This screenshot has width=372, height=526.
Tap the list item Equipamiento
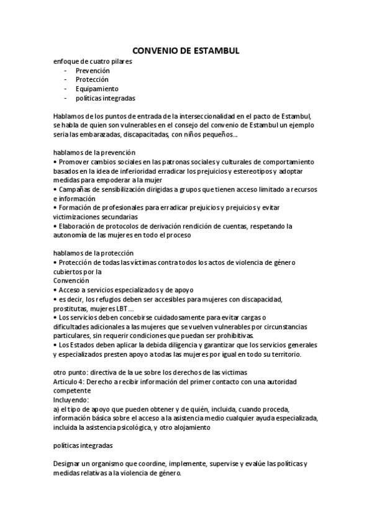(97, 89)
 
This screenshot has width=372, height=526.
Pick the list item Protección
(92, 79)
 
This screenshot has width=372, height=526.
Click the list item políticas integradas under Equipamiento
(106, 98)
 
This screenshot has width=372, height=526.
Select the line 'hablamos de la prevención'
(94, 152)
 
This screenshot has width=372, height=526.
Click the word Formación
(76, 207)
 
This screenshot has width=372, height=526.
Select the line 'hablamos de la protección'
(94, 252)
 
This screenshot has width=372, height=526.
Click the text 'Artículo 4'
(70, 381)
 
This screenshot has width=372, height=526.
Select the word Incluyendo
(71, 399)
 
